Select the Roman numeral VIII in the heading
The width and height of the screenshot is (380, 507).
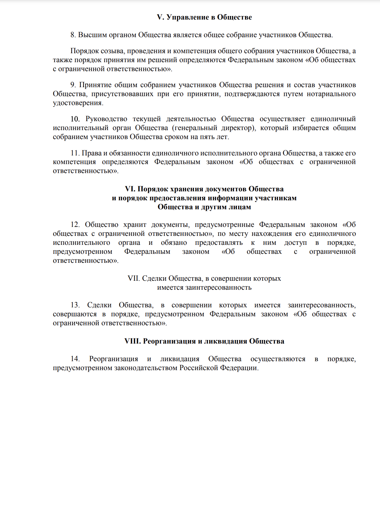(x=132, y=341)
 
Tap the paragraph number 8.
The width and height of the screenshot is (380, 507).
(x=73, y=35)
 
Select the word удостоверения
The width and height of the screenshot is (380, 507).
(x=78, y=103)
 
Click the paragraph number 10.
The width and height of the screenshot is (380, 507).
(x=75, y=119)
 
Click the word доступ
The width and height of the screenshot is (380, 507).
(x=295, y=243)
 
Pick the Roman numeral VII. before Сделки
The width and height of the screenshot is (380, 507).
(x=134, y=278)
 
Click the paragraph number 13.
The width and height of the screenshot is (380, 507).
(x=75, y=305)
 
